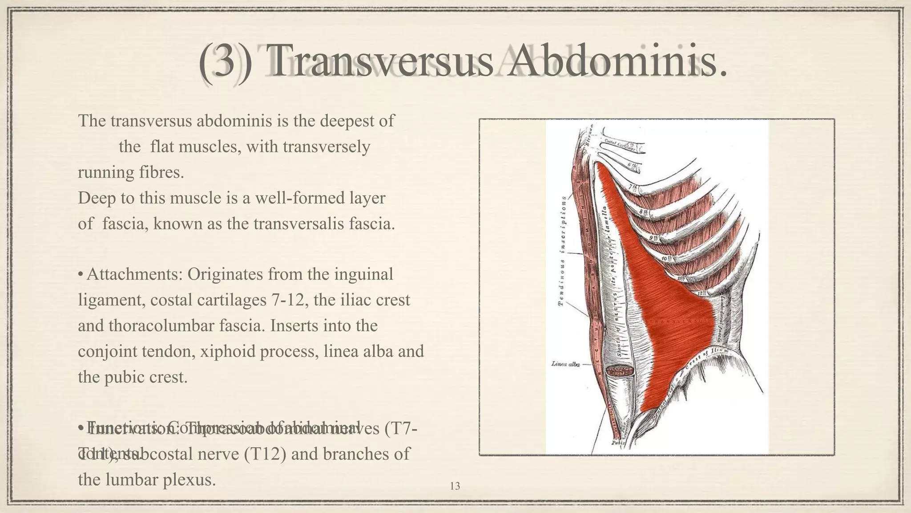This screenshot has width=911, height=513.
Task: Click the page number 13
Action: click(x=455, y=486)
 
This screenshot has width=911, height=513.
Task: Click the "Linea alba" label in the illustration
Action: click(x=565, y=364)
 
